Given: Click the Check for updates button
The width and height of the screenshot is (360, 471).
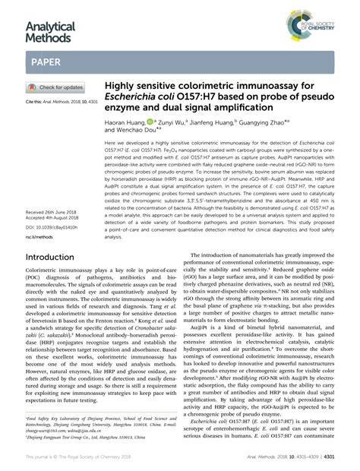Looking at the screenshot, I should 58,87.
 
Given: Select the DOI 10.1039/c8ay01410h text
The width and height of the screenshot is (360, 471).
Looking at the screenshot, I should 51,206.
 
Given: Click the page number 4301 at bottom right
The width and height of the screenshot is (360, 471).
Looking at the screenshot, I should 348,457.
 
